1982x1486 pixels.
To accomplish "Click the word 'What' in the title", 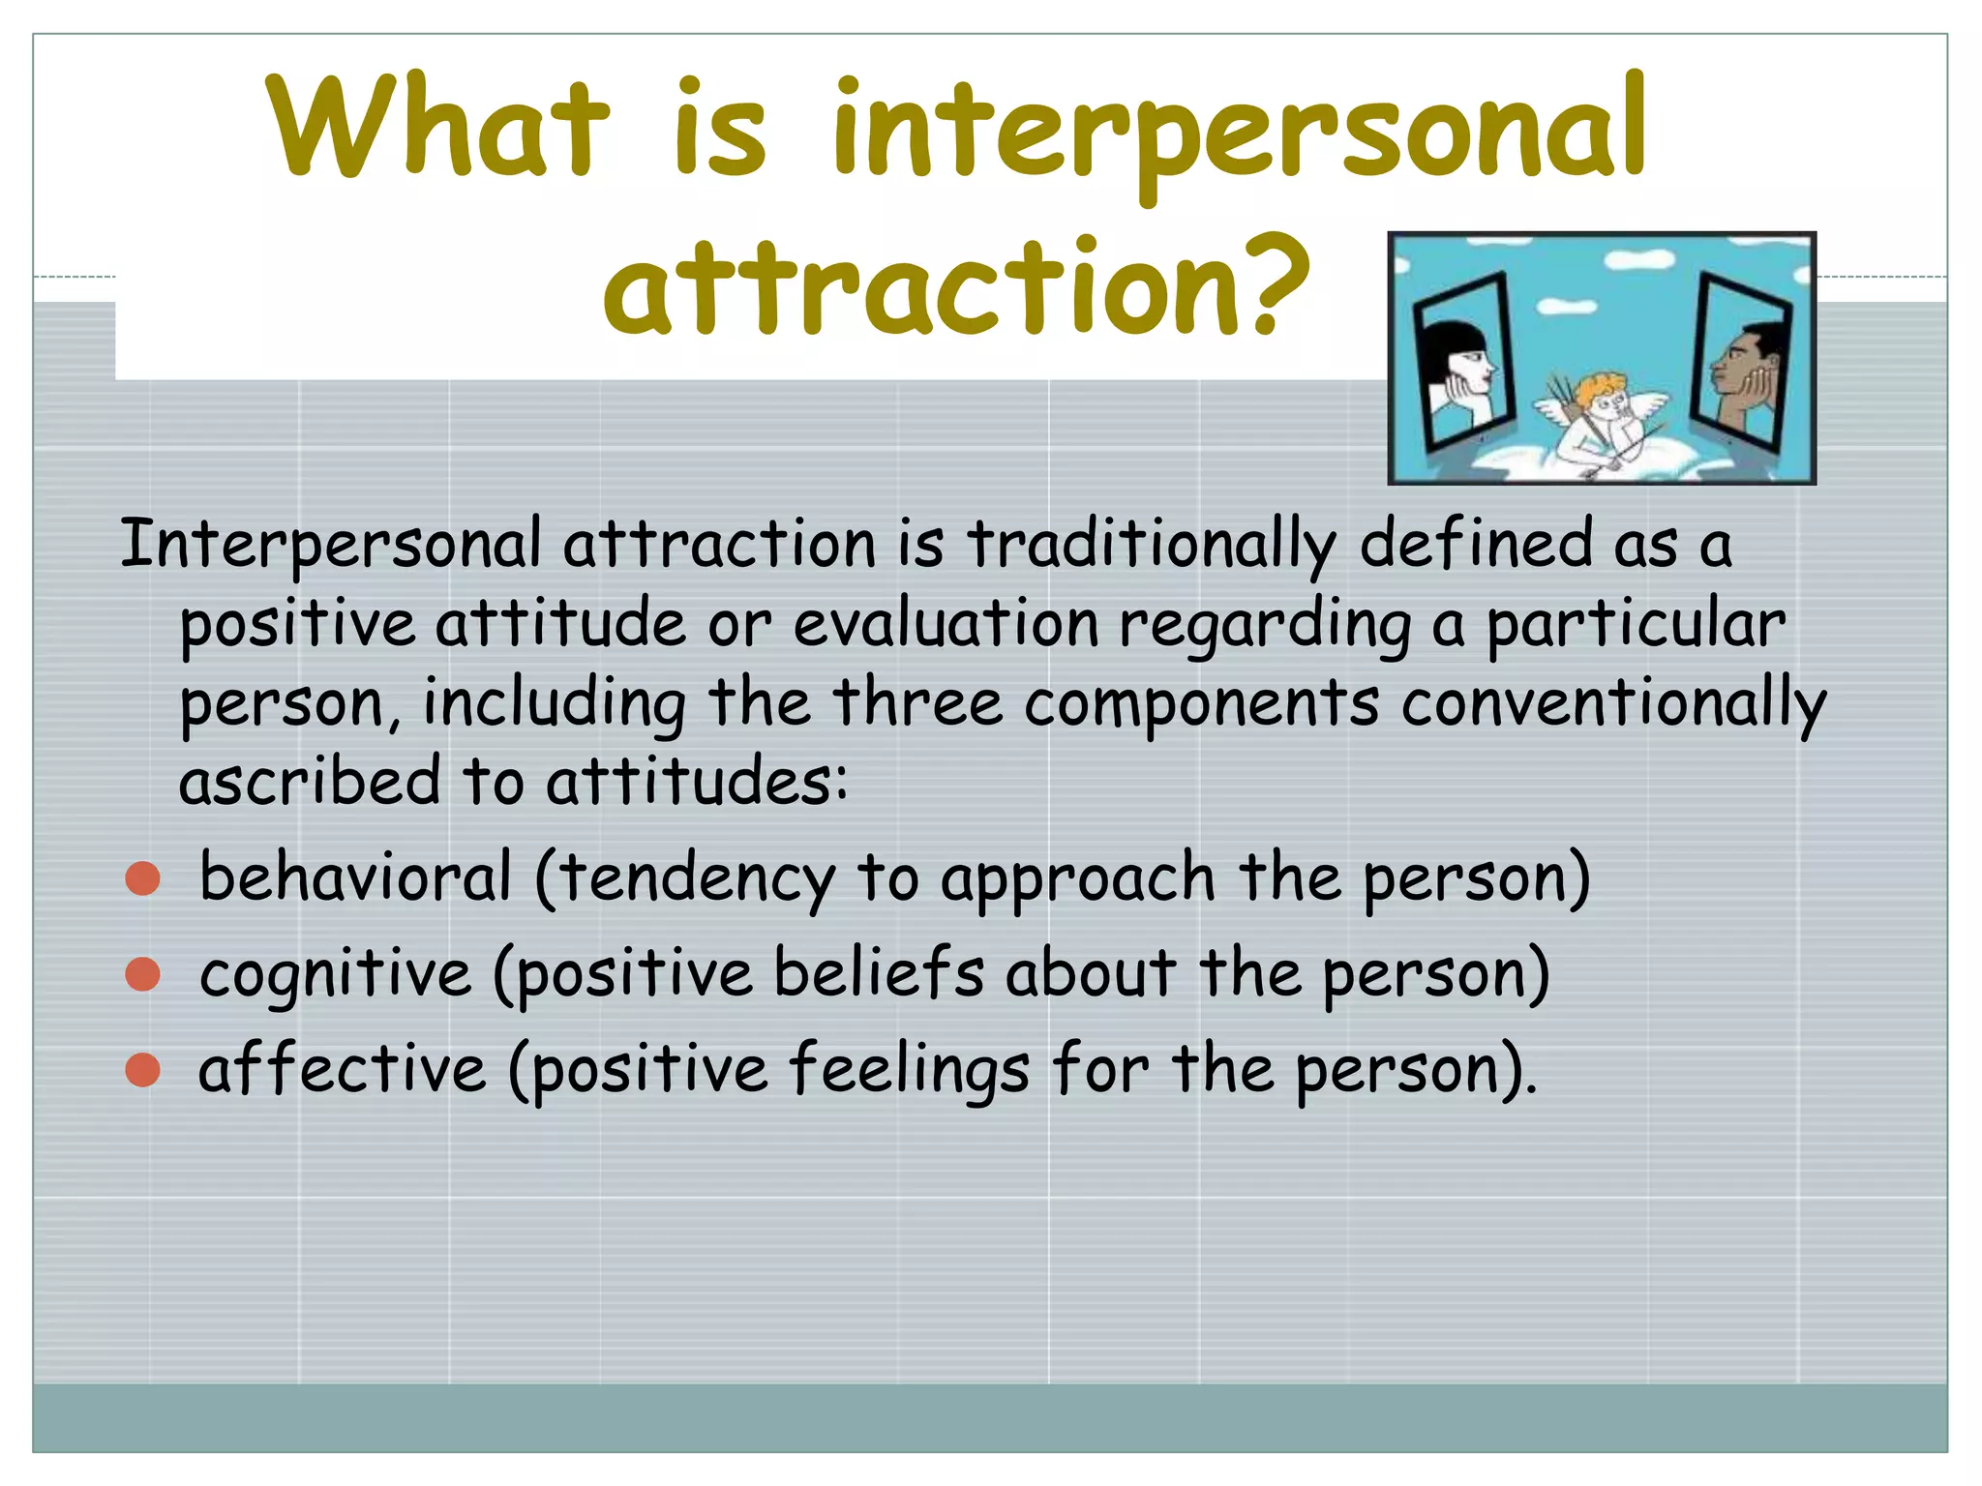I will (x=437, y=128).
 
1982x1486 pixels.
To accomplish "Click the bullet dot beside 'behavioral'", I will (x=143, y=877).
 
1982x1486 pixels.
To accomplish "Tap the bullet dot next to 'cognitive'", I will (x=143, y=974).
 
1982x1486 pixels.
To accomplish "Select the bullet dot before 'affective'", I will (x=143, y=1070).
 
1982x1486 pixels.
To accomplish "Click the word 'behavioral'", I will (x=355, y=877).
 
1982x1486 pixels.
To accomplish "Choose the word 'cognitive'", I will (x=335, y=973).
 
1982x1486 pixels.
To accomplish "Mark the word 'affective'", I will (x=342, y=1070).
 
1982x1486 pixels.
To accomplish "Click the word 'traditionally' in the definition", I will (x=1152, y=544).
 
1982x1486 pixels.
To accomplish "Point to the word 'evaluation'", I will (x=946, y=624).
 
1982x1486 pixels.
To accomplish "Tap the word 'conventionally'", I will (x=1613, y=703).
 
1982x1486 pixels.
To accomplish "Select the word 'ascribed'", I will (x=310, y=781).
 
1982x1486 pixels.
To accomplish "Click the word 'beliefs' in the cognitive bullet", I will (x=878, y=972).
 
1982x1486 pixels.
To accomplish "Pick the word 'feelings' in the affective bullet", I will (x=909, y=1069).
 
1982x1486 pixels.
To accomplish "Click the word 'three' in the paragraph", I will (x=917, y=702).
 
